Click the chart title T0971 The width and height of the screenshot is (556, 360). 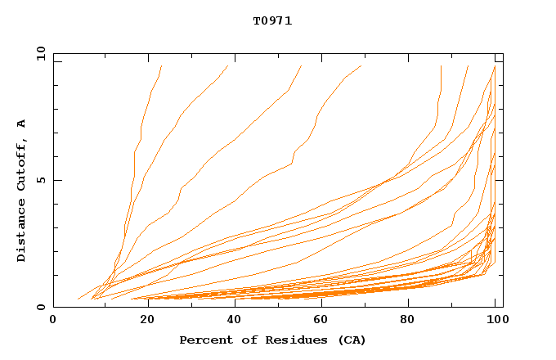(272, 21)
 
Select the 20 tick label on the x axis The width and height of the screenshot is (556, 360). (142, 322)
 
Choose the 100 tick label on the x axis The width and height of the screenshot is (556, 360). (495, 322)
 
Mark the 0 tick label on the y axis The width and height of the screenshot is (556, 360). (41, 308)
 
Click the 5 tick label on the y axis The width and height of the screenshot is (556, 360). (41, 180)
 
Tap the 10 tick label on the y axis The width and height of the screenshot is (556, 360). (38, 53)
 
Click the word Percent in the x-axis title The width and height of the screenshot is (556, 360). (204, 340)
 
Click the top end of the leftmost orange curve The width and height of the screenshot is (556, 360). (162, 66)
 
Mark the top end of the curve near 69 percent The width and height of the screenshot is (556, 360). (361, 66)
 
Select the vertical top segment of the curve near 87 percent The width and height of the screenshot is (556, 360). (441, 78)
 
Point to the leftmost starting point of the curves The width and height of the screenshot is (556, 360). (78, 299)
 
